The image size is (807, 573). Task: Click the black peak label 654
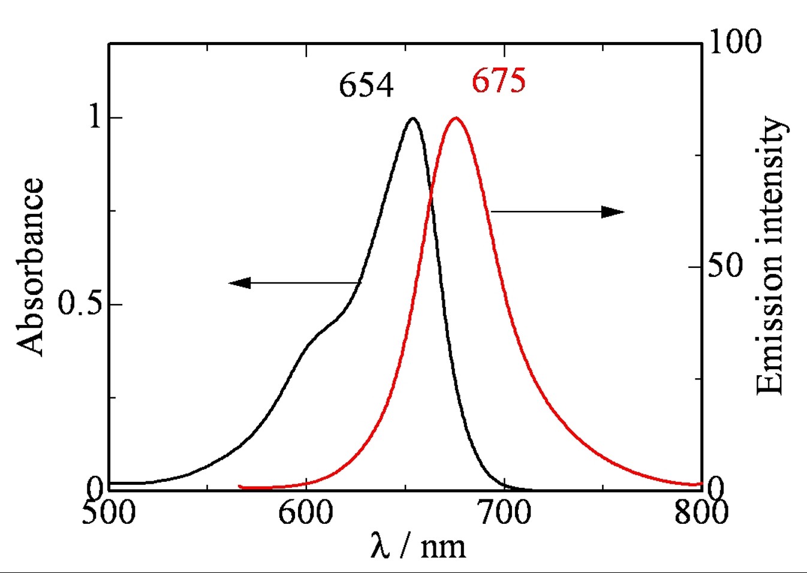click(366, 85)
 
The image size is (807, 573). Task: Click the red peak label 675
click(498, 80)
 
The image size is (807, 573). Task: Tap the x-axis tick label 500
click(109, 513)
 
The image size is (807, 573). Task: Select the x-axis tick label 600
click(306, 513)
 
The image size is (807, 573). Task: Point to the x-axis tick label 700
click(504, 513)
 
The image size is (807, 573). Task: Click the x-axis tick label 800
click(701, 513)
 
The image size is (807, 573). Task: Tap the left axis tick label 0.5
click(81, 304)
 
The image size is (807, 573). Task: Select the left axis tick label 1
click(95, 117)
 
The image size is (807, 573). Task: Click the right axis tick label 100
click(735, 42)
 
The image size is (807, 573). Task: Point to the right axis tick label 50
click(725, 266)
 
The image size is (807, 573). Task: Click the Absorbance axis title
click(30, 267)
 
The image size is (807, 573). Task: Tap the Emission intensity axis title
click(770, 256)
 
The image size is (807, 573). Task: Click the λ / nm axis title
click(418, 545)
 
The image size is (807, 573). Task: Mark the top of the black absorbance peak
click(412, 118)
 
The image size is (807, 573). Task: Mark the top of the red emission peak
click(456, 117)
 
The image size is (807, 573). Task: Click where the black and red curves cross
click(430, 200)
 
